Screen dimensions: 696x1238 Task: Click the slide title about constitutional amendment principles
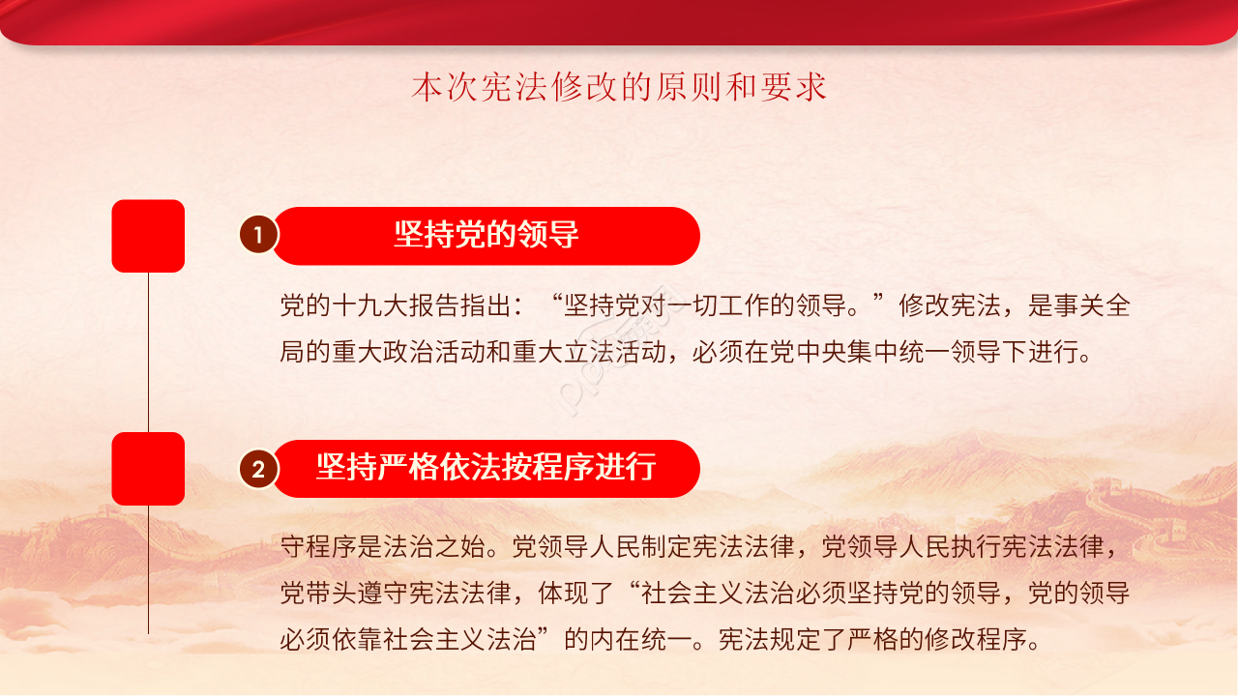pos(619,88)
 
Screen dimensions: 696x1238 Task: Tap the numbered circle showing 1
pos(258,235)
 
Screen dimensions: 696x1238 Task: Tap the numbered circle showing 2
pos(258,470)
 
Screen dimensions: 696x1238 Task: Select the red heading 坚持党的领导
pos(486,235)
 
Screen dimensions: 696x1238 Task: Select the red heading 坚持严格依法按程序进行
pos(486,468)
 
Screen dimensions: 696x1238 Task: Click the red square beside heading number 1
pos(148,235)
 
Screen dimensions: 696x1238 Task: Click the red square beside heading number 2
pos(148,468)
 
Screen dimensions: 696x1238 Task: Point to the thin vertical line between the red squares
pos(148,352)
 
